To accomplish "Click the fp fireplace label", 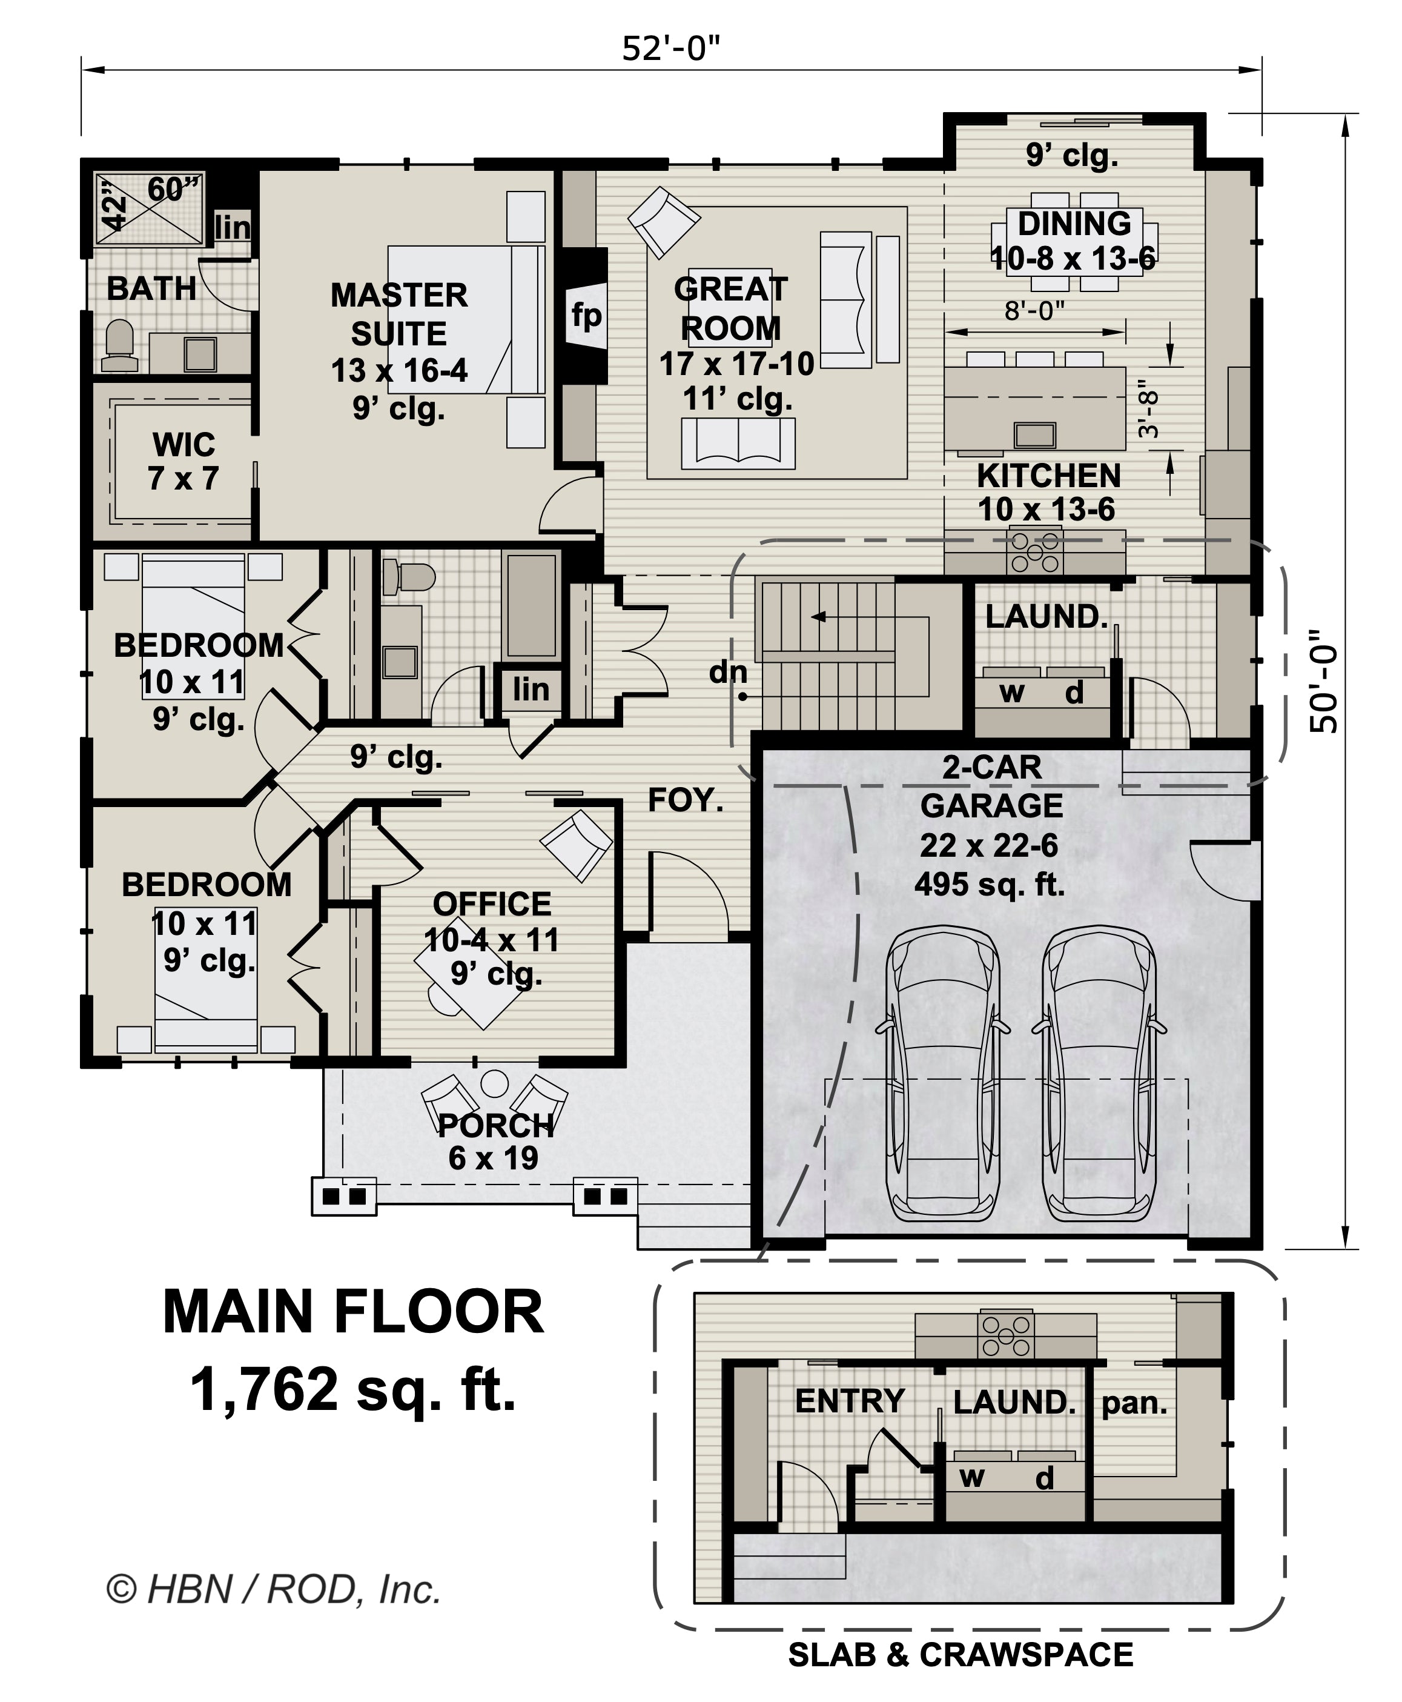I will coord(586,316).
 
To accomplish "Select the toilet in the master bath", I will coord(121,346).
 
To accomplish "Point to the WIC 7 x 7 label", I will coord(184,461).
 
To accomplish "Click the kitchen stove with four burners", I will coord(1034,553).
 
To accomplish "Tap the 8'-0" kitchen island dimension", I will coord(1034,310).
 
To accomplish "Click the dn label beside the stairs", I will coord(728,672).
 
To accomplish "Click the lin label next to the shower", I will coord(233,228).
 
